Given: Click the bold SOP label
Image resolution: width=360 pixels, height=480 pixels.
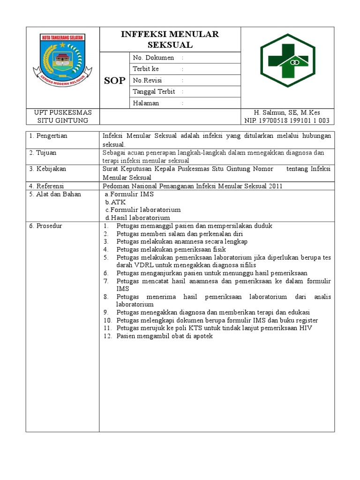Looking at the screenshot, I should tap(114, 81).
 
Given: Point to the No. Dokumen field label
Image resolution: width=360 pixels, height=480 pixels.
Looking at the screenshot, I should tap(153, 58).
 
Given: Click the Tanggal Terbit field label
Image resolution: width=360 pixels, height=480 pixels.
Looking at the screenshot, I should tap(153, 92).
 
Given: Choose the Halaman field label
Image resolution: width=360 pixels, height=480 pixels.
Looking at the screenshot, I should tap(146, 103).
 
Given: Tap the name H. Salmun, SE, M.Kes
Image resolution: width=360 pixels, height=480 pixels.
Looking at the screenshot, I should tap(287, 112).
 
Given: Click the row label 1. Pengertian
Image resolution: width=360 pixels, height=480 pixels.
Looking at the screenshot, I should tap(48, 136).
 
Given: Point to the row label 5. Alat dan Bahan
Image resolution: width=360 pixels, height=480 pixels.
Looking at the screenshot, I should tap(54, 194).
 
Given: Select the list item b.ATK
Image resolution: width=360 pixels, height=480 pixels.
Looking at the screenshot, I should tap(115, 202).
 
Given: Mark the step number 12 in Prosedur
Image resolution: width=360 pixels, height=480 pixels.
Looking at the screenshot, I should tap(107, 336).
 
